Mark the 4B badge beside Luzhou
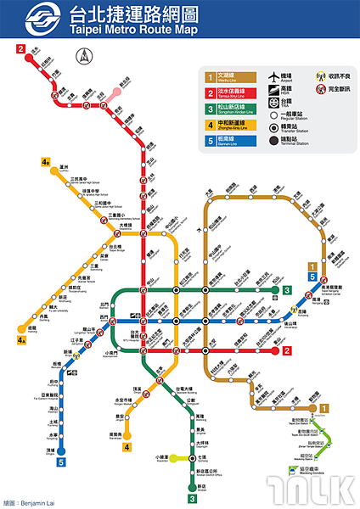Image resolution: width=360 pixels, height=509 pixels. [45, 161]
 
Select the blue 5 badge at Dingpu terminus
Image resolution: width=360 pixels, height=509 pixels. [60, 462]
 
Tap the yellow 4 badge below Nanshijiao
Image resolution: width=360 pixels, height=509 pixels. [127, 447]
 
